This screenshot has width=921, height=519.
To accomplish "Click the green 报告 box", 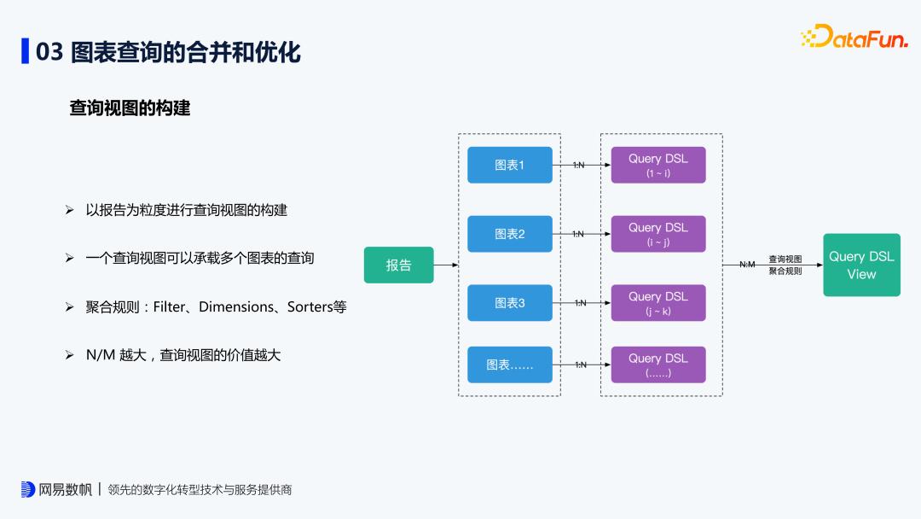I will click(398, 265).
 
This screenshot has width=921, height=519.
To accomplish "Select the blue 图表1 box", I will click(510, 165).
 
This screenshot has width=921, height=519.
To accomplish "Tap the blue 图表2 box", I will click(510, 234).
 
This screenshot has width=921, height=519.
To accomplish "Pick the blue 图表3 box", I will click(510, 302).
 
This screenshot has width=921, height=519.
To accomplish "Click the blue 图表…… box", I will click(510, 364).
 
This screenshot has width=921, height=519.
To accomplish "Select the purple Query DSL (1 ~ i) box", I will click(657, 165).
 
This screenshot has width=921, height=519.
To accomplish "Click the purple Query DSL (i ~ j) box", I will click(657, 234).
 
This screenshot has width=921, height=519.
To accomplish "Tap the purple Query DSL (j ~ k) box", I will click(657, 302).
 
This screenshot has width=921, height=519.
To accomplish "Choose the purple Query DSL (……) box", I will click(657, 364).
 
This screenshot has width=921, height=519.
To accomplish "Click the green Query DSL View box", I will click(861, 265).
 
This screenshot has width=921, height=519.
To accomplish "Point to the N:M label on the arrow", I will click(747, 265).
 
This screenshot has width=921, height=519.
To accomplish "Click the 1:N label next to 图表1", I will click(579, 165).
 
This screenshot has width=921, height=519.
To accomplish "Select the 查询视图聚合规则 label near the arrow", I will click(785, 265).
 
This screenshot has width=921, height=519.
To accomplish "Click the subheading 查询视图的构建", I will click(130, 108).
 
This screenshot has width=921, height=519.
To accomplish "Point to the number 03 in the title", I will click(49, 51).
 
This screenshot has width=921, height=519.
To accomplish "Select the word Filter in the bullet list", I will click(169, 306).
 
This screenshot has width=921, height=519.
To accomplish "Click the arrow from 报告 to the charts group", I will click(446, 265).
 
